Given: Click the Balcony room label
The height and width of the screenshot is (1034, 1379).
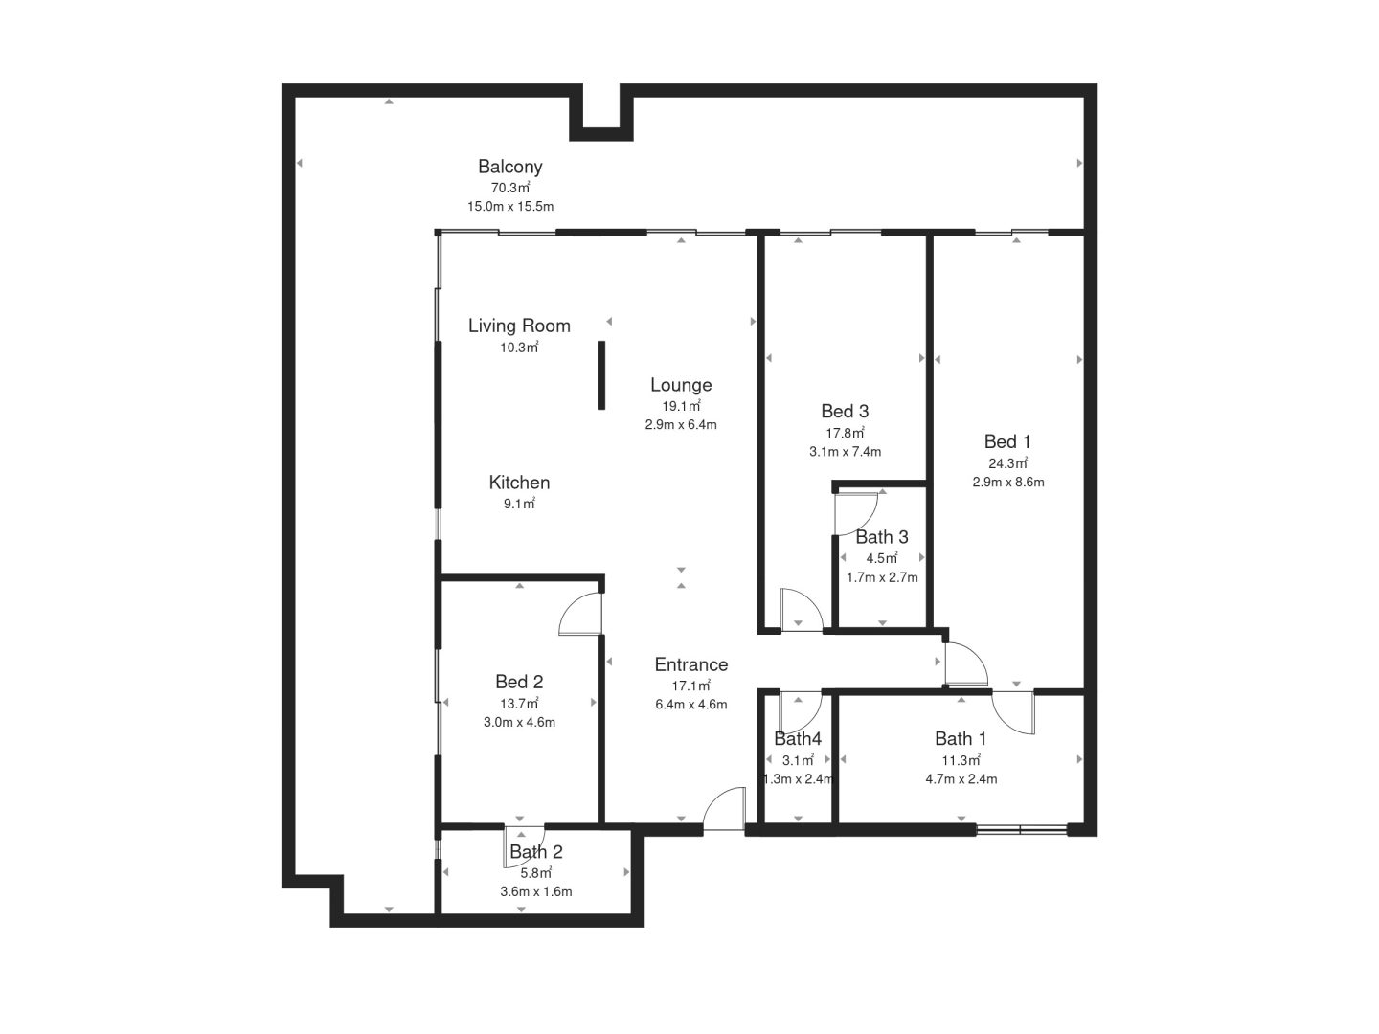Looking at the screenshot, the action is [509, 167].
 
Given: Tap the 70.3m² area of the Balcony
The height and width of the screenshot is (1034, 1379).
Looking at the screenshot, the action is [510, 188].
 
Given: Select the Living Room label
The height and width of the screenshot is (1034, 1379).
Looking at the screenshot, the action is [519, 326].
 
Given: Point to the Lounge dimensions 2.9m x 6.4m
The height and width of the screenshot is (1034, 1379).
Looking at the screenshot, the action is [680, 425].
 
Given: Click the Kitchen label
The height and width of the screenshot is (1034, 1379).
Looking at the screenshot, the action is [519, 483].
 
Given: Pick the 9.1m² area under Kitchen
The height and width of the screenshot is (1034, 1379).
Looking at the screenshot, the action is [519, 504].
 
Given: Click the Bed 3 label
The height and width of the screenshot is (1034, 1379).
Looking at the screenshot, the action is [845, 412].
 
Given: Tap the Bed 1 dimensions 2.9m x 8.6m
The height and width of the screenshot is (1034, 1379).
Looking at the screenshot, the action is [1007, 483].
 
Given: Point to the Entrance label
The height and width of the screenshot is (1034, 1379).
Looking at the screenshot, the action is [691, 664].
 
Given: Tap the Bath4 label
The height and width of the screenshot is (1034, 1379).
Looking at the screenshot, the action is [798, 739].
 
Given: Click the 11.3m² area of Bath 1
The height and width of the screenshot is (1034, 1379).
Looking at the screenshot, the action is [961, 760].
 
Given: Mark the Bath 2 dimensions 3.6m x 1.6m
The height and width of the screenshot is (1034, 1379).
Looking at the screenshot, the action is [536, 891].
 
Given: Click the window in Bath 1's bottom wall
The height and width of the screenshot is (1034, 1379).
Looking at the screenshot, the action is [1021, 829].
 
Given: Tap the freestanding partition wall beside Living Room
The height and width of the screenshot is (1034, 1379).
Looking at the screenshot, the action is [601, 375].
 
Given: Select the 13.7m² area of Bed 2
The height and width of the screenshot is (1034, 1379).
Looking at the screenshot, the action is [519, 703].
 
